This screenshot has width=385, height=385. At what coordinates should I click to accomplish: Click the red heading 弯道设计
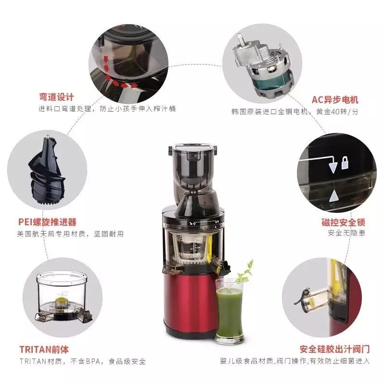(x=56, y=97)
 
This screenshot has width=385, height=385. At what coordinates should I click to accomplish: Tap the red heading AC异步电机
(x=335, y=100)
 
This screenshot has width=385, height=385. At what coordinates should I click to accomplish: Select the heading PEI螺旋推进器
(x=47, y=222)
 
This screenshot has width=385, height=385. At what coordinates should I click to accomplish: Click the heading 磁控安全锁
(x=343, y=222)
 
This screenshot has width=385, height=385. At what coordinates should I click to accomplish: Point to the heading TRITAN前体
(x=44, y=349)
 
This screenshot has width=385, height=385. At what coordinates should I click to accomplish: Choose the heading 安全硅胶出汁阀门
(x=334, y=349)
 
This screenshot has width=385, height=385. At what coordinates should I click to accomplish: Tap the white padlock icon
(x=345, y=163)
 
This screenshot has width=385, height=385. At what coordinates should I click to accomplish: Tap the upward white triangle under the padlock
(x=334, y=197)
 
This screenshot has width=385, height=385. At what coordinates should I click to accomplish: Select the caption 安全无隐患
(x=346, y=233)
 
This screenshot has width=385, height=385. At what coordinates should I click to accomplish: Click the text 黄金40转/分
(x=337, y=112)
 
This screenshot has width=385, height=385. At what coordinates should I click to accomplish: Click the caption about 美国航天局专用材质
(x=70, y=234)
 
